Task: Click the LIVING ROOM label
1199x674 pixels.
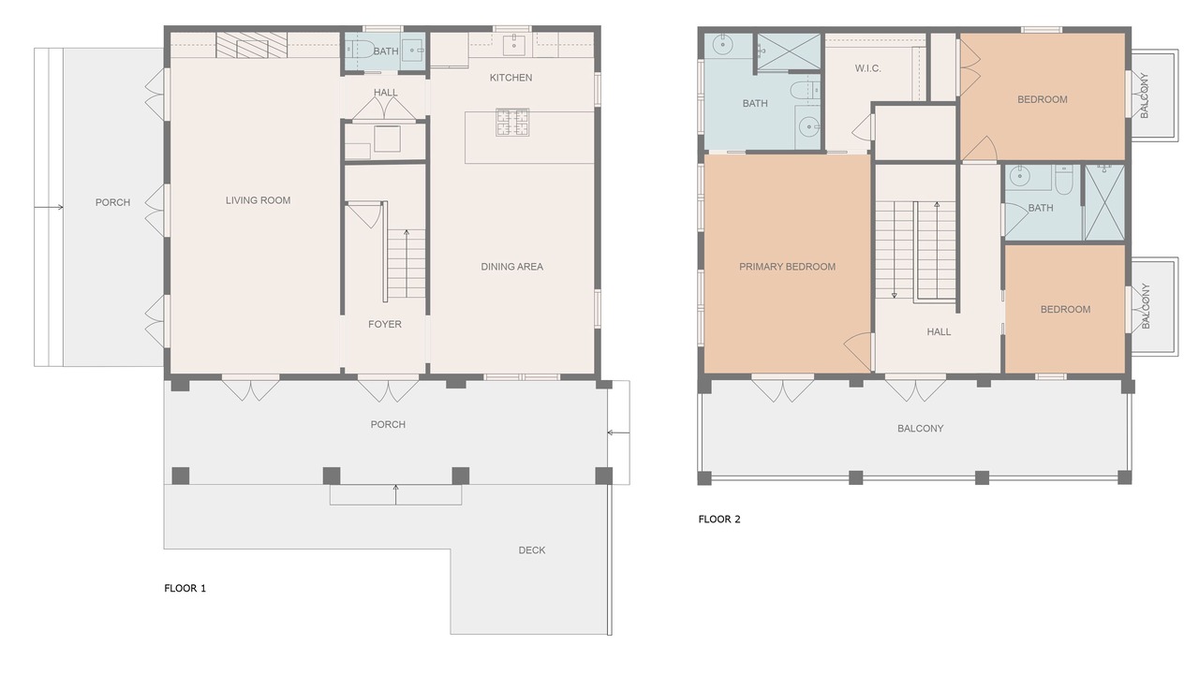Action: [x=258, y=200]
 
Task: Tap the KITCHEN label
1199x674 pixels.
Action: [x=511, y=78]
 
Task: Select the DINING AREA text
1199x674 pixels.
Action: [x=511, y=267]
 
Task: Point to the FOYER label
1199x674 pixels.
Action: [x=385, y=324]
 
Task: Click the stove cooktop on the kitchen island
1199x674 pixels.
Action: [x=512, y=122]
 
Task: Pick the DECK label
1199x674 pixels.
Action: [x=532, y=549]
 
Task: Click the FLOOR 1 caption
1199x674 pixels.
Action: [x=185, y=589]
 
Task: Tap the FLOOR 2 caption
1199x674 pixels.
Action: [x=719, y=519]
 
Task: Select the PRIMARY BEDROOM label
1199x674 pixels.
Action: [x=788, y=267]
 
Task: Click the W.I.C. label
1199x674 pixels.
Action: [x=867, y=68]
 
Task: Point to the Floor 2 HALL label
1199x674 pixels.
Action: [x=939, y=331]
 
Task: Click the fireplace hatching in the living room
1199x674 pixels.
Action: [x=252, y=45]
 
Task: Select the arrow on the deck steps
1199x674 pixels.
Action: [x=395, y=494]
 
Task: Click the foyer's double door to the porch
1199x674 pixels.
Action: [x=388, y=390]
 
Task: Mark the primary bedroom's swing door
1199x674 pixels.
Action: [x=859, y=351]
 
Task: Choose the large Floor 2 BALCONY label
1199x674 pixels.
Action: [x=920, y=429]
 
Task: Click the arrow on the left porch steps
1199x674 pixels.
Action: [x=49, y=207]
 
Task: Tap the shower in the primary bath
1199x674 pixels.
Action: [x=790, y=51]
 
